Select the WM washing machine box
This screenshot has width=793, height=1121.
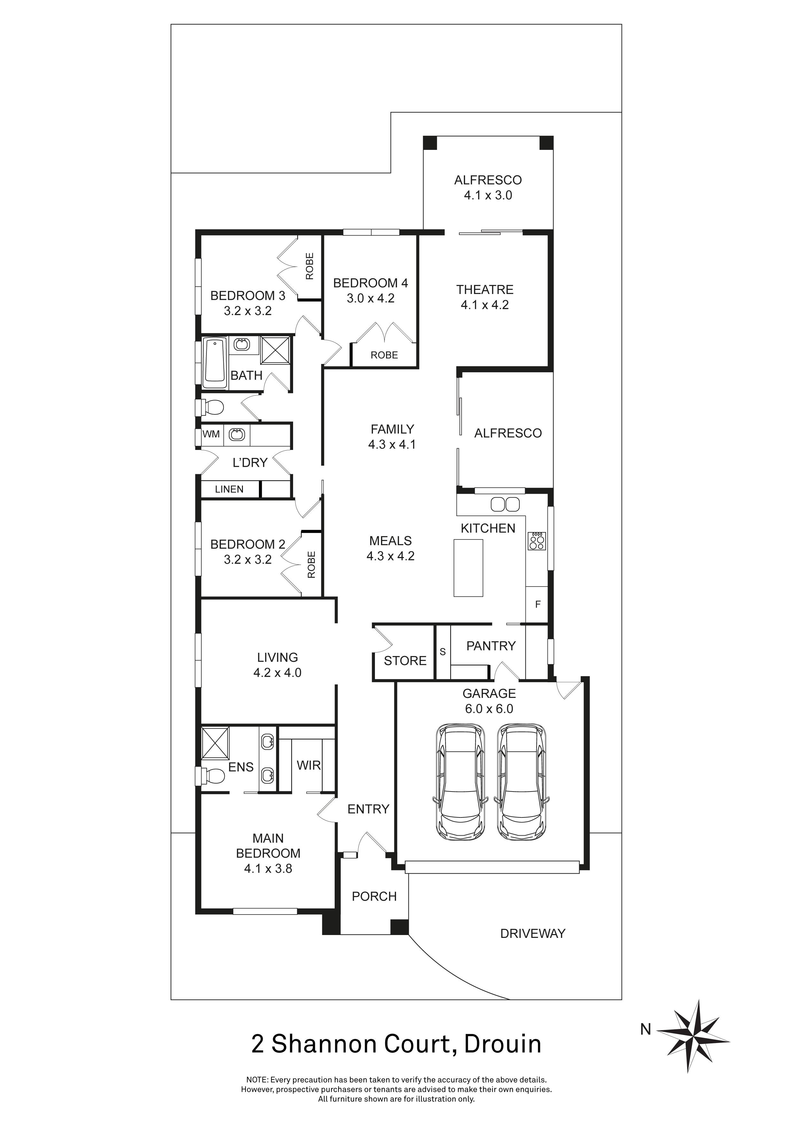[x=211, y=434]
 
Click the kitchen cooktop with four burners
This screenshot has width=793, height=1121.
[x=537, y=541]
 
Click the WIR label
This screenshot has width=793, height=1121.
[x=309, y=766]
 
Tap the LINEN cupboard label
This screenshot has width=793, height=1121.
[x=229, y=489]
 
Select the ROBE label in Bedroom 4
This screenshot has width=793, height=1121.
[x=384, y=355]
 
